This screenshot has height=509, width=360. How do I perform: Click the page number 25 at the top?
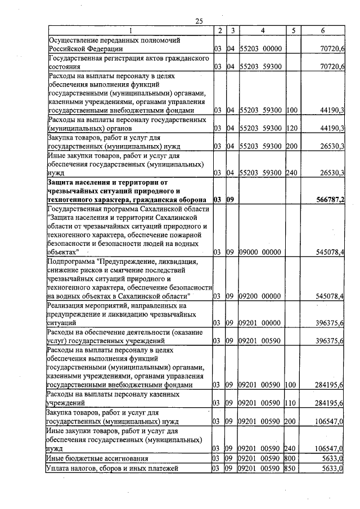[x=199, y=21]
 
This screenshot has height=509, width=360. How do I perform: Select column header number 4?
[x=262, y=30]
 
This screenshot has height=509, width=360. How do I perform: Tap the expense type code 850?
[x=291, y=468]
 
